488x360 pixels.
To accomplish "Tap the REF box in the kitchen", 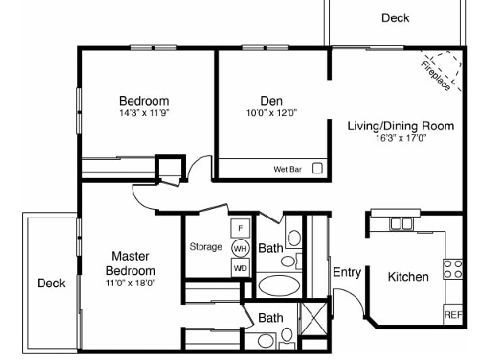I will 453,315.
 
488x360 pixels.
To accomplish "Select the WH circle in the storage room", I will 240,248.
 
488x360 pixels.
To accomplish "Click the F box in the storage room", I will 240,228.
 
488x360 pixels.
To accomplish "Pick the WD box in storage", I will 240,268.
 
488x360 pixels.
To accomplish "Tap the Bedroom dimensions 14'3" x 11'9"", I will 144,113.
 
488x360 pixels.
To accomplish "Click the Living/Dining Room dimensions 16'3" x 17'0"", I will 401,137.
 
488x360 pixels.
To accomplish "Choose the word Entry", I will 347,273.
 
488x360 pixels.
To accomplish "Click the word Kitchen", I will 408,277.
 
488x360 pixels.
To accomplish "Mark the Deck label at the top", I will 395,17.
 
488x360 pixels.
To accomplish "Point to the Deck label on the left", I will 51,283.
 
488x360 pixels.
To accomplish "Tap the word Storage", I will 206,247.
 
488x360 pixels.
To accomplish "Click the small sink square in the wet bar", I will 317,168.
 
